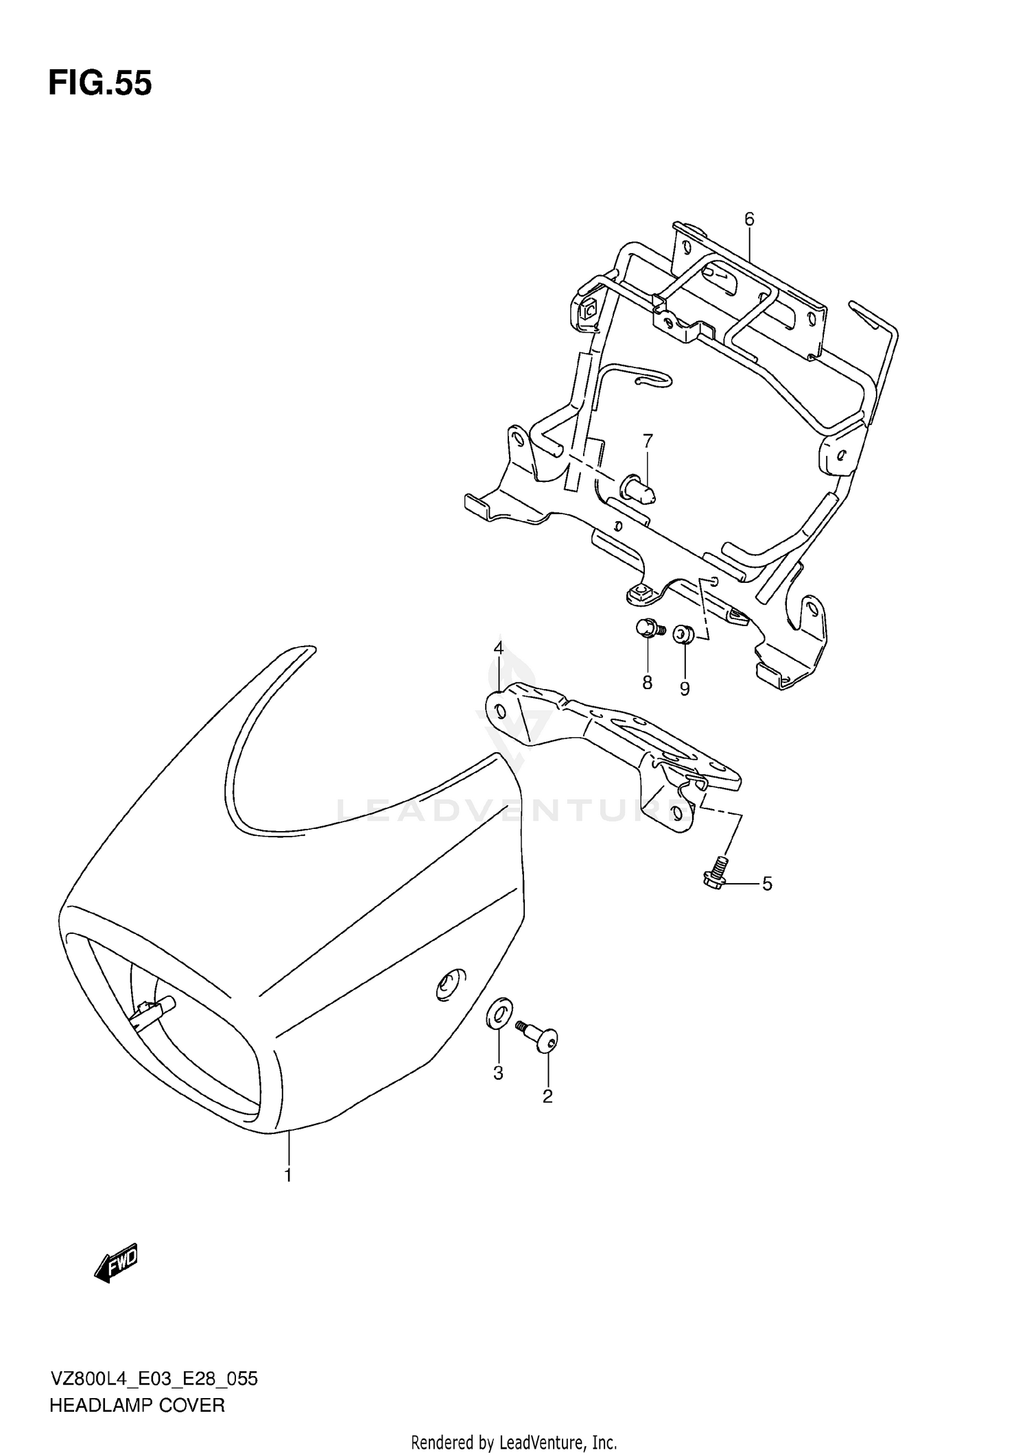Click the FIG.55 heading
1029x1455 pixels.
[x=100, y=84]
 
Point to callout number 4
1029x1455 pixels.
[x=498, y=648]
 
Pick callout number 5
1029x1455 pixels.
[x=767, y=884]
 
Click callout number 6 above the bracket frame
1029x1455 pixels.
[x=748, y=219]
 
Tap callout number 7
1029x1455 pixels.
[x=648, y=440]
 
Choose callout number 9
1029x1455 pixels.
[x=685, y=688]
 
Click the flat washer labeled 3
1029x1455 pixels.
[x=499, y=1013]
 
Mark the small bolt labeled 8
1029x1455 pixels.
[x=648, y=627]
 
